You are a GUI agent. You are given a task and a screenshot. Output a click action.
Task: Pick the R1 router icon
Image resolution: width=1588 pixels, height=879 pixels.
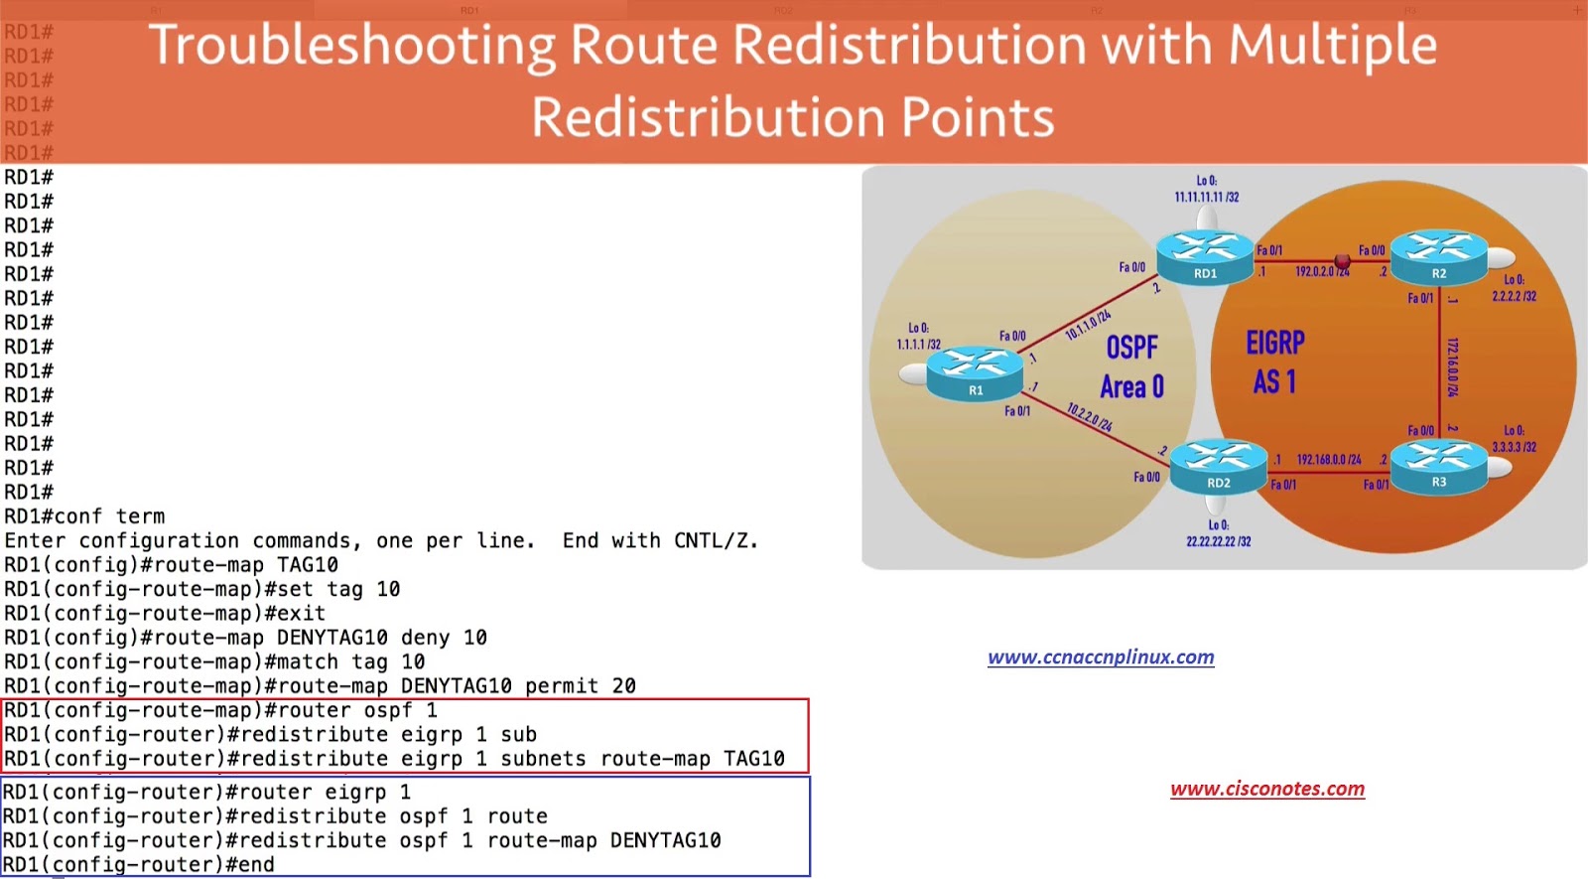[x=975, y=373]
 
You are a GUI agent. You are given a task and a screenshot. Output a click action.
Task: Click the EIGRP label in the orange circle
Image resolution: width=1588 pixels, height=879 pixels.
[x=1275, y=344]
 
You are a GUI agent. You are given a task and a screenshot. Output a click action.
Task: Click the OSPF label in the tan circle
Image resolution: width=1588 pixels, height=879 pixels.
[x=1131, y=348]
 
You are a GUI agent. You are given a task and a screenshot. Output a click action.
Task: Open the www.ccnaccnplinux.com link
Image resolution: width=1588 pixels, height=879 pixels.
[x=1101, y=658]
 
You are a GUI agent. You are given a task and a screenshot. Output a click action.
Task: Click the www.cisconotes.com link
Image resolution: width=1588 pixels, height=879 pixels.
[x=1267, y=790]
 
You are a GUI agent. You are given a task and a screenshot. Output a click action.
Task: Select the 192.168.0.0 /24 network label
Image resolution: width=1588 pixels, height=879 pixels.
[x=1329, y=460]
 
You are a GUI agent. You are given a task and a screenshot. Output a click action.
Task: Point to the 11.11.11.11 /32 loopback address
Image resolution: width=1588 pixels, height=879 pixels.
[x=1206, y=197]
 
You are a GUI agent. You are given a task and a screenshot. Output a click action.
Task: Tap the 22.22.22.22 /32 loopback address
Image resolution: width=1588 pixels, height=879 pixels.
[x=1218, y=541]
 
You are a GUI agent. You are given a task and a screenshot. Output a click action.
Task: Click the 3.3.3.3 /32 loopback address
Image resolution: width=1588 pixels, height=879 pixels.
[x=1514, y=447]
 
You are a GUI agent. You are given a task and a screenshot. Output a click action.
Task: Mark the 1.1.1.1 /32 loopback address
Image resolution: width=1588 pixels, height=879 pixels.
[x=918, y=345]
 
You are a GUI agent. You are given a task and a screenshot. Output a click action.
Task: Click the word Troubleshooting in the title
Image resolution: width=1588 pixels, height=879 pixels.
[x=352, y=47]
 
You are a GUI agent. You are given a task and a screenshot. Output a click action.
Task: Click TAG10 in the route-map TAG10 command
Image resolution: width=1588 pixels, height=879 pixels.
[x=308, y=565]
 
